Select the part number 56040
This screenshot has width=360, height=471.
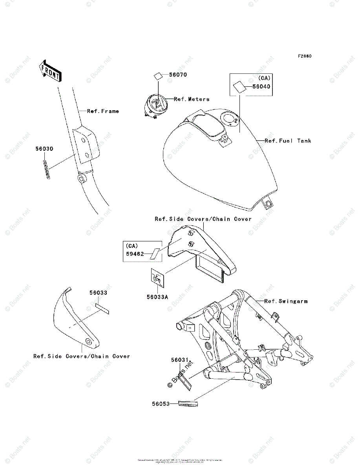(x=261, y=87)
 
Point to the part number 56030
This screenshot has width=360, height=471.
(x=44, y=149)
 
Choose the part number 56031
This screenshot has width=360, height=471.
(x=180, y=359)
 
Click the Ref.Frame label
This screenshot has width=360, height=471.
(x=103, y=111)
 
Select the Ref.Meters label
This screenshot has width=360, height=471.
(x=192, y=99)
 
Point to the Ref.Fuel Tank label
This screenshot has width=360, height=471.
(x=288, y=141)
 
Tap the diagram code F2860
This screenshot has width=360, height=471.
(x=304, y=56)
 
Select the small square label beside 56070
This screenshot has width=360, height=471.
(x=158, y=76)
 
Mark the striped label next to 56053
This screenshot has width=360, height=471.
(x=188, y=403)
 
